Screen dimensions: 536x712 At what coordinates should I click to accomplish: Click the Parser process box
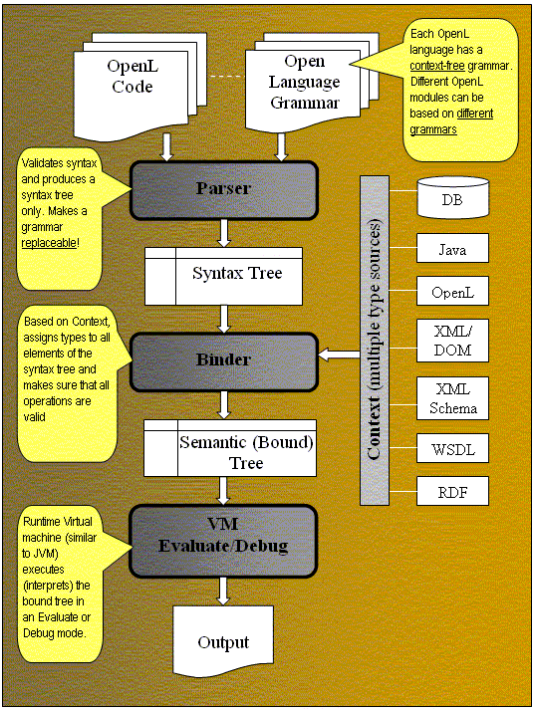tap(223, 190)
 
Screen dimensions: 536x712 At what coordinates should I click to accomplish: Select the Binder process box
tap(223, 361)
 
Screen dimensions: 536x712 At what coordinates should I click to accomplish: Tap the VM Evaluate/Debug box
tap(223, 541)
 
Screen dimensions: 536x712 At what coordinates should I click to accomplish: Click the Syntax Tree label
tap(237, 273)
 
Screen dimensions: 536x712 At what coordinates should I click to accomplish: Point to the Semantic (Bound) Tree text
tap(246, 452)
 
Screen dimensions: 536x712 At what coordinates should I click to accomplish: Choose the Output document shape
tap(223, 641)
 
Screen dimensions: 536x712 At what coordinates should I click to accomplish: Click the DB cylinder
tap(453, 197)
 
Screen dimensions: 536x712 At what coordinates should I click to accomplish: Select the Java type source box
tap(452, 248)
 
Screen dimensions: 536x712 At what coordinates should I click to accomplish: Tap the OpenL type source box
tap(452, 291)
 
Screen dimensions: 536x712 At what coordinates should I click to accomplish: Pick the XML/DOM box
tap(452, 341)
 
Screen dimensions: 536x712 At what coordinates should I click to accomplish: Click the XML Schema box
tap(452, 398)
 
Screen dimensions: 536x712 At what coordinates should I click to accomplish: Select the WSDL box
tap(452, 449)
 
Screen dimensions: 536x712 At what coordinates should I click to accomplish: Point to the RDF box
tap(452, 491)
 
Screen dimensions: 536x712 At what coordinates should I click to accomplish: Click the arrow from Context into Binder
tap(339, 355)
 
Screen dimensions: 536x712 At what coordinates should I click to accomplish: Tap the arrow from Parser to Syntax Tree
tap(224, 233)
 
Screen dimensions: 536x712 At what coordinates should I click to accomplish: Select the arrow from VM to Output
tap(222, 592)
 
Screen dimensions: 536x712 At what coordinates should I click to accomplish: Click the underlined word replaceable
tap(49, 243)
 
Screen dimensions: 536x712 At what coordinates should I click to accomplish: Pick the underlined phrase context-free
tap(437, 66)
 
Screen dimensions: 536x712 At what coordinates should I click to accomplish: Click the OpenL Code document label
tap(133, 76)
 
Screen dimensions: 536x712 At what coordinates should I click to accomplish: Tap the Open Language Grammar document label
tap(304, 82)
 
